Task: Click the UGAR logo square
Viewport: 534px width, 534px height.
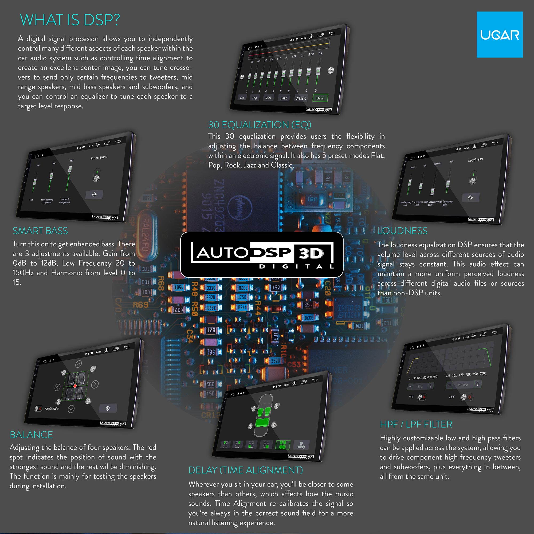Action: click(500, 34)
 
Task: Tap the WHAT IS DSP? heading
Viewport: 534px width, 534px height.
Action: click(70, 20)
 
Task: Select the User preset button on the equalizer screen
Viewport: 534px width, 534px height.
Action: click(320, 98)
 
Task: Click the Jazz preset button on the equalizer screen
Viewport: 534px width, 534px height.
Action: click(284, 98)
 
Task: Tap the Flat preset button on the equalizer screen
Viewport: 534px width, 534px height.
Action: click(242, 97)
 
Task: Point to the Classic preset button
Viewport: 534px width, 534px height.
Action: click(301, 98)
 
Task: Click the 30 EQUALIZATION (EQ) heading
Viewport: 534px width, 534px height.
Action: click(260, 125)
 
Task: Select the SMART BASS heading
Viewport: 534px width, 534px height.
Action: click(40, 231)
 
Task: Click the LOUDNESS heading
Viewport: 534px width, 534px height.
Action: click(402, 231)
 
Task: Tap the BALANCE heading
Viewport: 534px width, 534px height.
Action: click(31, 435)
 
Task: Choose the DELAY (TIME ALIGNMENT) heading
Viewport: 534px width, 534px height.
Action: click(245, 470)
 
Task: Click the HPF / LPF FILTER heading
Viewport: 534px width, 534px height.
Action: click(416, 424)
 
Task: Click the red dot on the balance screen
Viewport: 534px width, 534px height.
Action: click(75, 386)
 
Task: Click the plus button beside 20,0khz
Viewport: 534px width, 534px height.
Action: click(478, 384)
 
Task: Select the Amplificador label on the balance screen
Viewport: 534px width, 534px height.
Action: click(52, 409)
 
